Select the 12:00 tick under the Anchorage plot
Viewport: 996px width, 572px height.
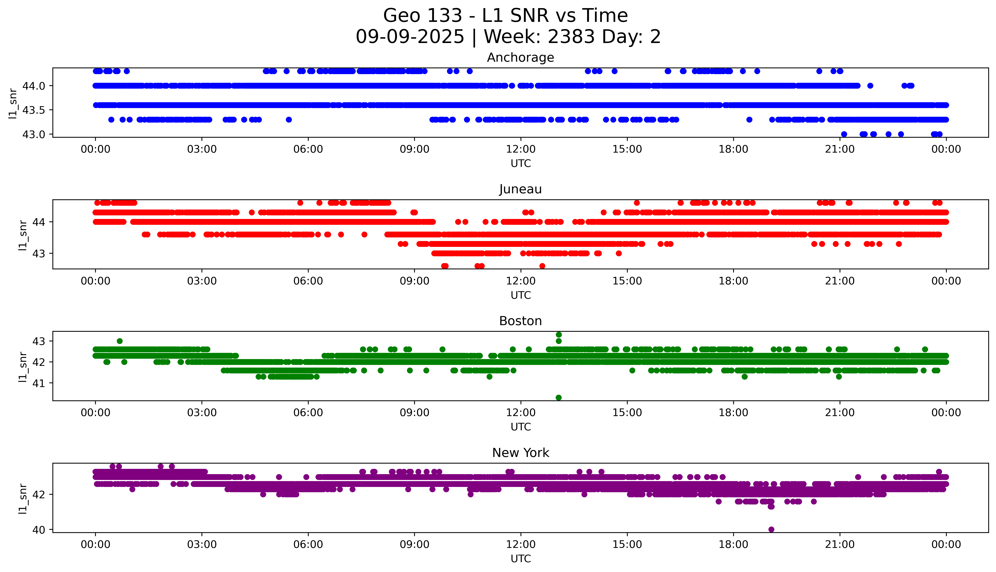(521, 149)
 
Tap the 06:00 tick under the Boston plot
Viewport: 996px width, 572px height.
(308, 412)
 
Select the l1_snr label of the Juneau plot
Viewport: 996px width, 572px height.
(23, 235)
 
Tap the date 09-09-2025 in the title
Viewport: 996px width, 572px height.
(410, 37)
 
